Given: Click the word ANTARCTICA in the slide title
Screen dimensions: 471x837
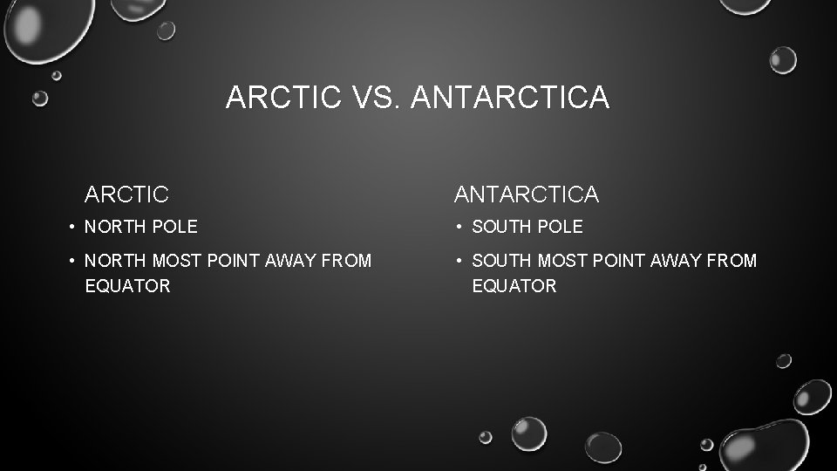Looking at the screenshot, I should point(508,98).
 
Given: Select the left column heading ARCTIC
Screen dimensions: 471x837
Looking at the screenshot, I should point(126,193).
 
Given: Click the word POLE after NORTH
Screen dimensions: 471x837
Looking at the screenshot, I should point(176,227).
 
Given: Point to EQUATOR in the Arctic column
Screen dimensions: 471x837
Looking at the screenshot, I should point(127,286).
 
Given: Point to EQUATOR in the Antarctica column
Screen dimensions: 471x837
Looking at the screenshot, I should point(514,286).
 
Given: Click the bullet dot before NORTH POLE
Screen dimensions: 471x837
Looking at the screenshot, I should point(71,227).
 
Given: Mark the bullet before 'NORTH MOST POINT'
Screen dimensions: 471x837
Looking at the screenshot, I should point(71,261).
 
